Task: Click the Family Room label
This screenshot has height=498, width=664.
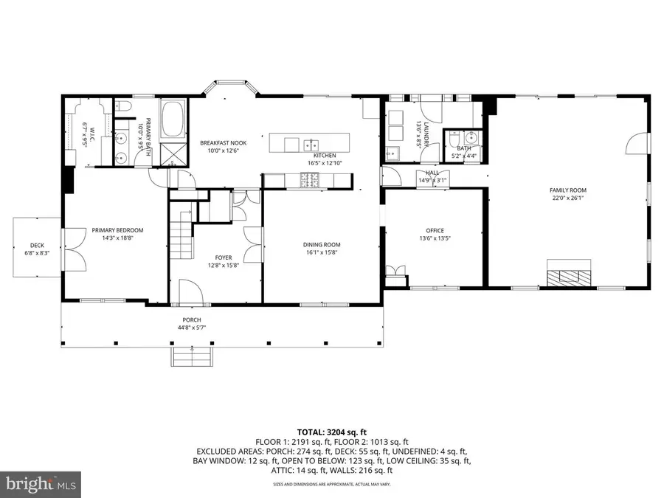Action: [567, 190]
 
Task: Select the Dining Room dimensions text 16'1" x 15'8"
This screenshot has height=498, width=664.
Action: [321, 252]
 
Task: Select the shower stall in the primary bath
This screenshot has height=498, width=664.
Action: [174, 153]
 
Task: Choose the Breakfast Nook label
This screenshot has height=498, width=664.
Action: [224, 143]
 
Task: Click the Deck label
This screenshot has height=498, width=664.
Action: [37, 246]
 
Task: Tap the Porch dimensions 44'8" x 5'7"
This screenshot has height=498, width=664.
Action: [187, 328]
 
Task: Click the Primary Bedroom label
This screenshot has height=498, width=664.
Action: [117, 230]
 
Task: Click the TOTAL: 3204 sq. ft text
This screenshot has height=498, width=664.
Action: [332, 431]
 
